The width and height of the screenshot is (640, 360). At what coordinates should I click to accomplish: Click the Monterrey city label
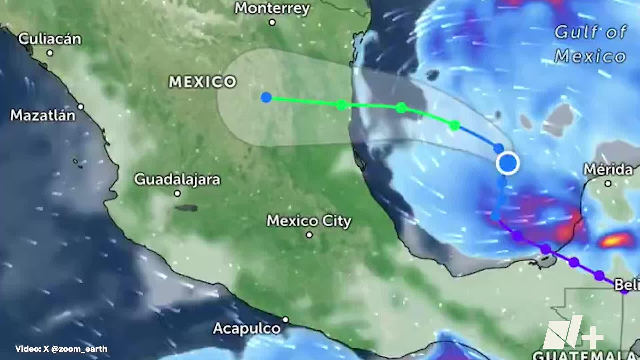coord(272,9)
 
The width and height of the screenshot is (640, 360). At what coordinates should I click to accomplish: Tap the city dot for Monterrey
coord(272,22)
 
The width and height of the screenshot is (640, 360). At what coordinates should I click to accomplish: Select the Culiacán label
coord(50,39)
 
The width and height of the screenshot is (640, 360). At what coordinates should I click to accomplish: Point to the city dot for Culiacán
coord(50,53)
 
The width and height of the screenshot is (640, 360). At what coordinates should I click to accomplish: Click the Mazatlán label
coord(43,116)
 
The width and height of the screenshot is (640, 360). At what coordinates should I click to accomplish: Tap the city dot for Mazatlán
coord(81,107)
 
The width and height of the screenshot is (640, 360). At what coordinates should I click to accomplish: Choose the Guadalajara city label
coord(177,180)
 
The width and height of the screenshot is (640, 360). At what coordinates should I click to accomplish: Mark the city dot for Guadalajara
coord(177,193)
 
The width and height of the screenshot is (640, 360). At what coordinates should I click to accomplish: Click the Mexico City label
coord(309,221)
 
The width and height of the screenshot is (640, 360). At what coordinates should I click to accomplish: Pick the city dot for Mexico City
coord(309,235)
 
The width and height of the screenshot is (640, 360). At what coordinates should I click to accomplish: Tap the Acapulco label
coord(247,329)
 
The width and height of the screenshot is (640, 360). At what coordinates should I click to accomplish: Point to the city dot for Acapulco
coord(285,320)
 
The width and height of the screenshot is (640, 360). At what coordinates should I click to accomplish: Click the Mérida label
coord(608,170)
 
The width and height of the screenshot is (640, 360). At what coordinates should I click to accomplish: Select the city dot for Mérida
coord(608,183)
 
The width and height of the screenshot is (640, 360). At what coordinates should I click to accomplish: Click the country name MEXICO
coord(203,82)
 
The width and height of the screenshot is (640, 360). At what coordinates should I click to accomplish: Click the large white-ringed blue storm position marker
coord(508,163)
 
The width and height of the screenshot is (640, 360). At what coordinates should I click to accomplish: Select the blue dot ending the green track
coord(266,98)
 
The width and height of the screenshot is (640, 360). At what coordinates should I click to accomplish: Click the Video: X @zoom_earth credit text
coord(61,349)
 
